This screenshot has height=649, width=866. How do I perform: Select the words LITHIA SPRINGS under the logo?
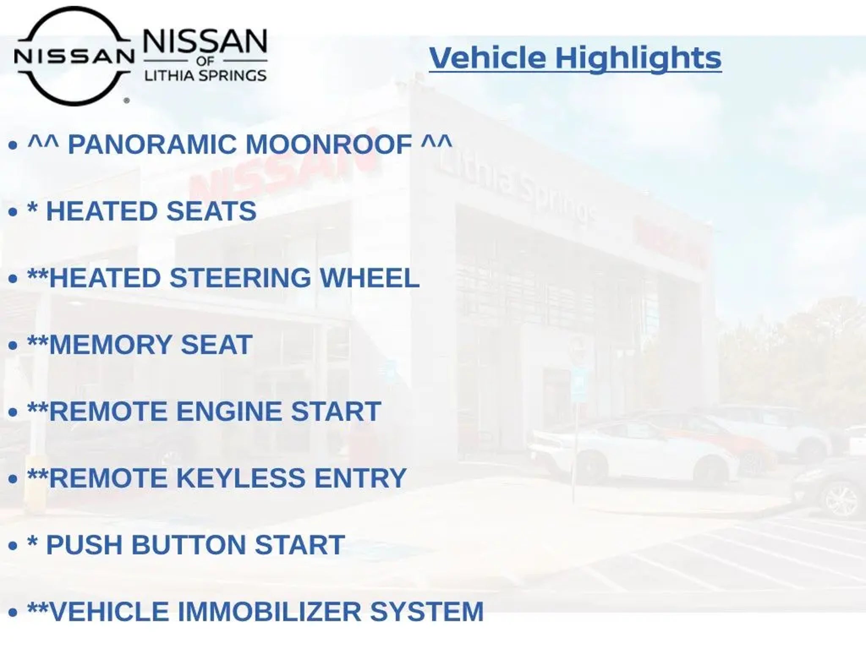[x=206, y=76]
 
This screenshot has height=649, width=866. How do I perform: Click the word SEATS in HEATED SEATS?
[x=211, y=211]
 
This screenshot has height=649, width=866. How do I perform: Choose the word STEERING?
[x=240, y=278]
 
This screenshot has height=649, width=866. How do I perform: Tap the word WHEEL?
[x=370, y=278]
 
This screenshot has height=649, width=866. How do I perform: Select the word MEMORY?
[x=110, y=344]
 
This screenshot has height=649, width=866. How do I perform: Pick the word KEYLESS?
[x=240, y=478]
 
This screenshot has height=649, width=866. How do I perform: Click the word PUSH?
[x=85, y=545]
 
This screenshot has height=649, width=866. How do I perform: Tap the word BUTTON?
[x=189, y=545]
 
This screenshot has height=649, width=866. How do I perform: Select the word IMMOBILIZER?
[x=269, y=611]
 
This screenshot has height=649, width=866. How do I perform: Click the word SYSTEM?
[x=427, y=611]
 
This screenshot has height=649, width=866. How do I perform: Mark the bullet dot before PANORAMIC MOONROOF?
[x=13, y=145]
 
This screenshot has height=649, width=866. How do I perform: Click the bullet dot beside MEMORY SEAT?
[x=13, y=346]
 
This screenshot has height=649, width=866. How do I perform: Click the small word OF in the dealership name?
[x=206, y=61]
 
